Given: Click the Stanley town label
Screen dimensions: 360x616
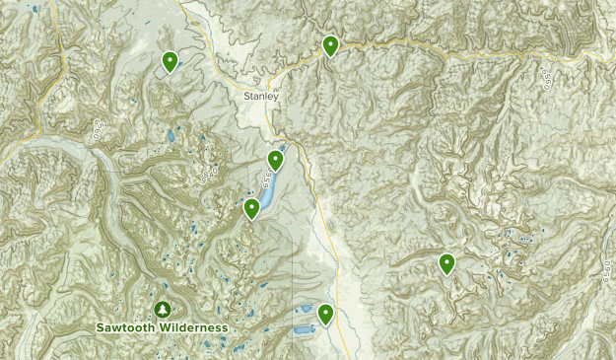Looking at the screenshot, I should [x=262, y=97].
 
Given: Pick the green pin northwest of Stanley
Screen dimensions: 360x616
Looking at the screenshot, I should [x=171, y=61].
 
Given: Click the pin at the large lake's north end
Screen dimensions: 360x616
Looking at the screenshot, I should [x=276, y=159].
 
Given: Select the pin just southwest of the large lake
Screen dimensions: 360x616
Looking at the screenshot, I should [x=251, y=208].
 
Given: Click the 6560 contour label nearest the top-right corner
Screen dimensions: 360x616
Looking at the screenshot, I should [x=546, y=78].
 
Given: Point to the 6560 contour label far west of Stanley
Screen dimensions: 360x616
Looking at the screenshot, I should [x=98, y=129].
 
